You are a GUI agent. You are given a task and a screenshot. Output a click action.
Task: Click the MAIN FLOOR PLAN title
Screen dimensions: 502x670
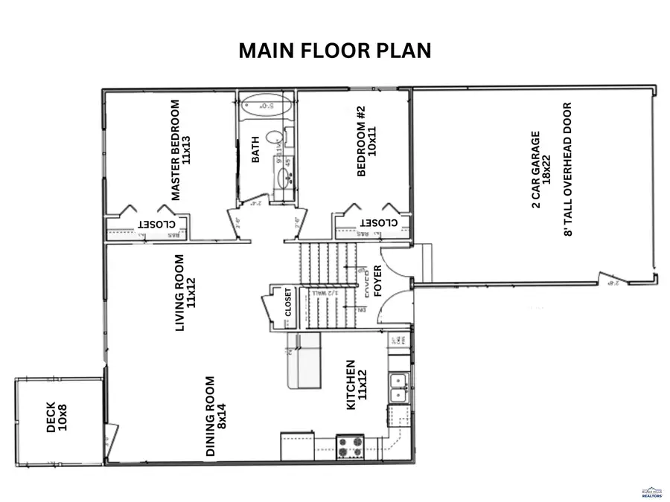[334, 51]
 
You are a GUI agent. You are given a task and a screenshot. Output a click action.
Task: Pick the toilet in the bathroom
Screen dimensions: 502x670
[275, 138]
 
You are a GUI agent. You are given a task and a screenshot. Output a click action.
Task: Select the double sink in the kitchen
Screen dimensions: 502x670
[398, 387]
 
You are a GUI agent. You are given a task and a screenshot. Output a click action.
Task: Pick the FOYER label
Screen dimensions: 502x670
[377, 283]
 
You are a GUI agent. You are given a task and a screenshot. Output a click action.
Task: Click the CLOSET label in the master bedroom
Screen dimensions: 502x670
[156, 224]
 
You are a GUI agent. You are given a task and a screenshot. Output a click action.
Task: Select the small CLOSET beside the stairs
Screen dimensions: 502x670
[288, 303]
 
